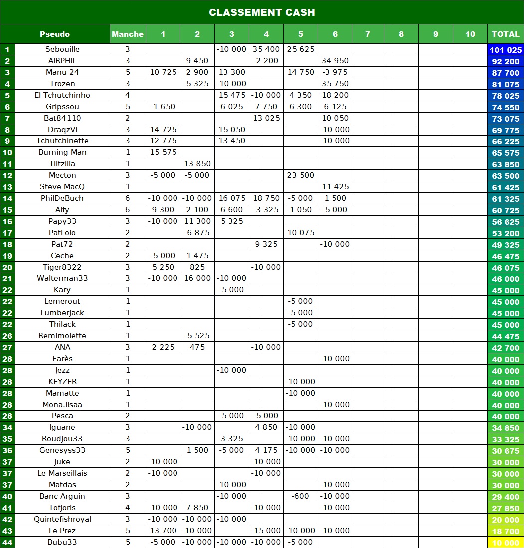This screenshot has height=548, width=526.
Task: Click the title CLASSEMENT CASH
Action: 262,12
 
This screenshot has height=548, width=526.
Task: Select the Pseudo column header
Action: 55,34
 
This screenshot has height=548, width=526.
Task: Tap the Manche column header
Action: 128,34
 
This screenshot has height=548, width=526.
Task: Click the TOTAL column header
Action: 506,34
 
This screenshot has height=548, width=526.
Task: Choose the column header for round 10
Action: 470,34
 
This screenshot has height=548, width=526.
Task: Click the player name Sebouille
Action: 62,49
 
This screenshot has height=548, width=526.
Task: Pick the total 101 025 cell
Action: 506,50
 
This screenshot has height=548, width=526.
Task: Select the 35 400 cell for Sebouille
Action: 266,49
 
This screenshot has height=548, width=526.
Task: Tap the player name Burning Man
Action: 62,152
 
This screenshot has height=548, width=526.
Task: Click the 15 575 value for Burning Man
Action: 163,152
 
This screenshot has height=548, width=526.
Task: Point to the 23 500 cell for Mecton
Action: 301,175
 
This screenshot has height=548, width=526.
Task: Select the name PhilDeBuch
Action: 62,198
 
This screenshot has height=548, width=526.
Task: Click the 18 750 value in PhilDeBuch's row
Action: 266,198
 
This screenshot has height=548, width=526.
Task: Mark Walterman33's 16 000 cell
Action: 197,278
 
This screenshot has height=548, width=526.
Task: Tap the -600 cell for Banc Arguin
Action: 301,496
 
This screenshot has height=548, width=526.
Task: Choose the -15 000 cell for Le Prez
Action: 266,531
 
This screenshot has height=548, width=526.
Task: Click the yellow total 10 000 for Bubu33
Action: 506,543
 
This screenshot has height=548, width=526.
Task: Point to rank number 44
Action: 7,542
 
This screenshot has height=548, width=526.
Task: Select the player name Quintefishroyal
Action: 62,519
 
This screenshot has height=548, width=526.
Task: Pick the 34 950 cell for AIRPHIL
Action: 335,61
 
